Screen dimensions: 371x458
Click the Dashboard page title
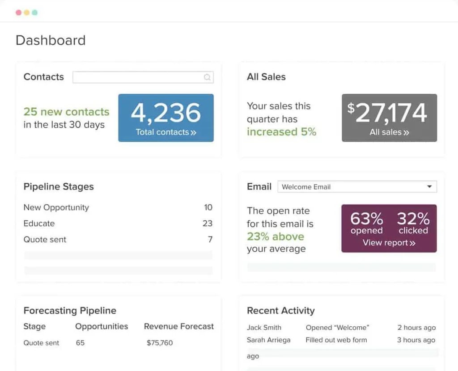point(51,40)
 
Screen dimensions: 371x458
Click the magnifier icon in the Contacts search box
point(207,77)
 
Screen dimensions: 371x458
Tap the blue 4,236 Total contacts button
point(166,118)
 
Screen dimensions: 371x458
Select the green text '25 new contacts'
point(66,112)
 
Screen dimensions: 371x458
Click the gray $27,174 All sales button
point(389,118)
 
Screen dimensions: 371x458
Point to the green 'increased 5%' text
point(281,132)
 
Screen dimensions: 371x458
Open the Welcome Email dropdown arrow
point(429,187)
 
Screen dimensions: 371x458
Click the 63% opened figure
point(367,223)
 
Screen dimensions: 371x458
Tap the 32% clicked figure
point(413,223)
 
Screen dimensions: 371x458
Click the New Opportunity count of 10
point(208,207)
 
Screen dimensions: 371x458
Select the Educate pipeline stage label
point(39,223)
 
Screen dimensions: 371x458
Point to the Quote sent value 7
point(210,240)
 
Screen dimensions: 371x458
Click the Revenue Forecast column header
point(179,326)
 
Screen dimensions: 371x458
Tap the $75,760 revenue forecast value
point(160,343)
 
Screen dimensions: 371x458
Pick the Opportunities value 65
point(80,343)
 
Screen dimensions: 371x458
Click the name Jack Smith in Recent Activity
point(264,328)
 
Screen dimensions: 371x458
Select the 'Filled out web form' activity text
point(336,340)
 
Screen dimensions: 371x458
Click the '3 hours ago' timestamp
point(416,340)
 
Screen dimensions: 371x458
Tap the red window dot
point(18,13)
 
